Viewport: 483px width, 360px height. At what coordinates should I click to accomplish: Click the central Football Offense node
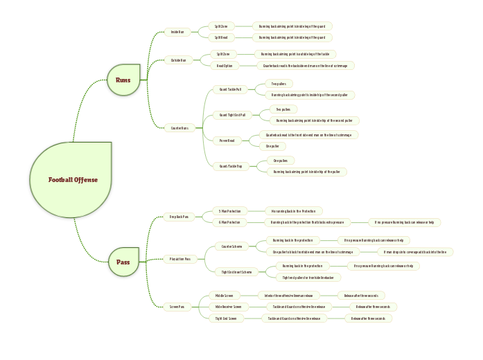(72, 180)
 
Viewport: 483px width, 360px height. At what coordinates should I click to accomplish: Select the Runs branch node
(123, 80)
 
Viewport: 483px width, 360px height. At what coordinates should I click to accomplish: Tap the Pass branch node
(123, 262)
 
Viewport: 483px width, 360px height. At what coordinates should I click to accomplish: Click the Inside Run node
(178, 32)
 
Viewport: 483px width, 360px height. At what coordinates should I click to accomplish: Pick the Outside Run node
(179, 60)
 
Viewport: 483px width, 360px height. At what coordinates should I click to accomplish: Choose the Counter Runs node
(179, 127)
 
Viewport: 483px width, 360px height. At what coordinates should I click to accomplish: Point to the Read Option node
(225, 66)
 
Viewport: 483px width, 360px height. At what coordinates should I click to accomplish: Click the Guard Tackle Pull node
(230, 89)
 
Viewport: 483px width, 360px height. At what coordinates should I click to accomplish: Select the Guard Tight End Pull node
(232, 115)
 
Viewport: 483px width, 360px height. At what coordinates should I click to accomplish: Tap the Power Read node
(227, 141)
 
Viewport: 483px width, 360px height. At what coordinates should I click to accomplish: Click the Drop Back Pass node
(178, 217)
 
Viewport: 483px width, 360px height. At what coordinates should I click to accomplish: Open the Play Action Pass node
(179, 259)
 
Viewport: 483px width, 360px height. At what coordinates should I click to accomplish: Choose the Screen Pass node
(177, 307)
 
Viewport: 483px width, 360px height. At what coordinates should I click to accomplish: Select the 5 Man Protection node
(229, 210)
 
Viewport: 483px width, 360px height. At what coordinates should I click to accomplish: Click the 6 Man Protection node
(229, 222)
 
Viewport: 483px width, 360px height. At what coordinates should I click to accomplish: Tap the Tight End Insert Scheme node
(236, 271)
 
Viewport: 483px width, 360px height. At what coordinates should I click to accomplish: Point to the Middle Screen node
(224, 295)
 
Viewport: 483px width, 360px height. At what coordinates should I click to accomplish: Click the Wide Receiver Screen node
(228, 306)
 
